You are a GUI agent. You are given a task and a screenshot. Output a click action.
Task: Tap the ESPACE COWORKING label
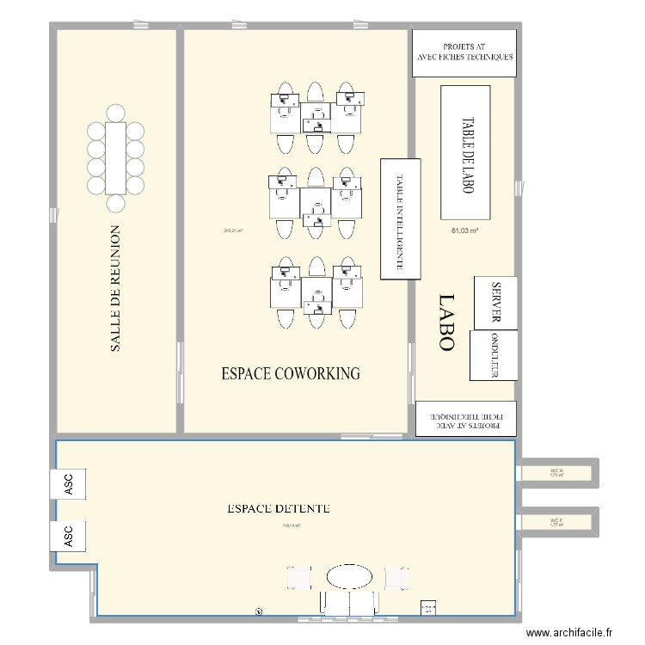click(x=291, y=373)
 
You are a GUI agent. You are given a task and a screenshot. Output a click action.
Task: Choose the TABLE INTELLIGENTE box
click(x=400, y=219)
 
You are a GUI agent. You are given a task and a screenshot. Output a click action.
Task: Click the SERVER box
click(x=495, y=303)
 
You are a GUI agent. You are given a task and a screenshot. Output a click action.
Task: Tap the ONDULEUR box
click(x=494, y=355)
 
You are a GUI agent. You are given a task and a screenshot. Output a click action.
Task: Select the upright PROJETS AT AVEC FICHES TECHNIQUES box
click(x=464, y=52)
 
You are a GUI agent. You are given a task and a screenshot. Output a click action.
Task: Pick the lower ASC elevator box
click(x=69, y=537)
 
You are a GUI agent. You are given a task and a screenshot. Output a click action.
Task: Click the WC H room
click(x=556, y=472)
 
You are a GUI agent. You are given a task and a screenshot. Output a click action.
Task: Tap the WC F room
click(x=556, y=521)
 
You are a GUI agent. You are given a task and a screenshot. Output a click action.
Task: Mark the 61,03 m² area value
click(x=464, y=230)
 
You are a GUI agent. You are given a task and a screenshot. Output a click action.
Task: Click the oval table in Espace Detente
click(x=349, y=575)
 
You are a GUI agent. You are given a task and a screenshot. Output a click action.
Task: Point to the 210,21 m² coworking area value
click(x=233, y=230)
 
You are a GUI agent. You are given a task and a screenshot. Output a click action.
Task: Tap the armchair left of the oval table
click(x=298, y=577)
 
